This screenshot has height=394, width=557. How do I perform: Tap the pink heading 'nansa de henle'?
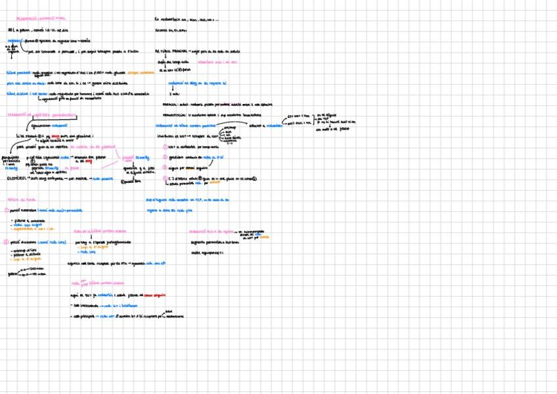(x=20, y=199)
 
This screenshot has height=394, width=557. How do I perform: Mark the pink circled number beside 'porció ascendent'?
(x=6, y=210)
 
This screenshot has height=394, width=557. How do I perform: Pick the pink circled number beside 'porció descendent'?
(x=6, y=242)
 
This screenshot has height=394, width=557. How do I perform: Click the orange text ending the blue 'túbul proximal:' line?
(x=143, y=73)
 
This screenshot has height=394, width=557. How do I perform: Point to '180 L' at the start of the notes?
(x=12, y=30)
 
